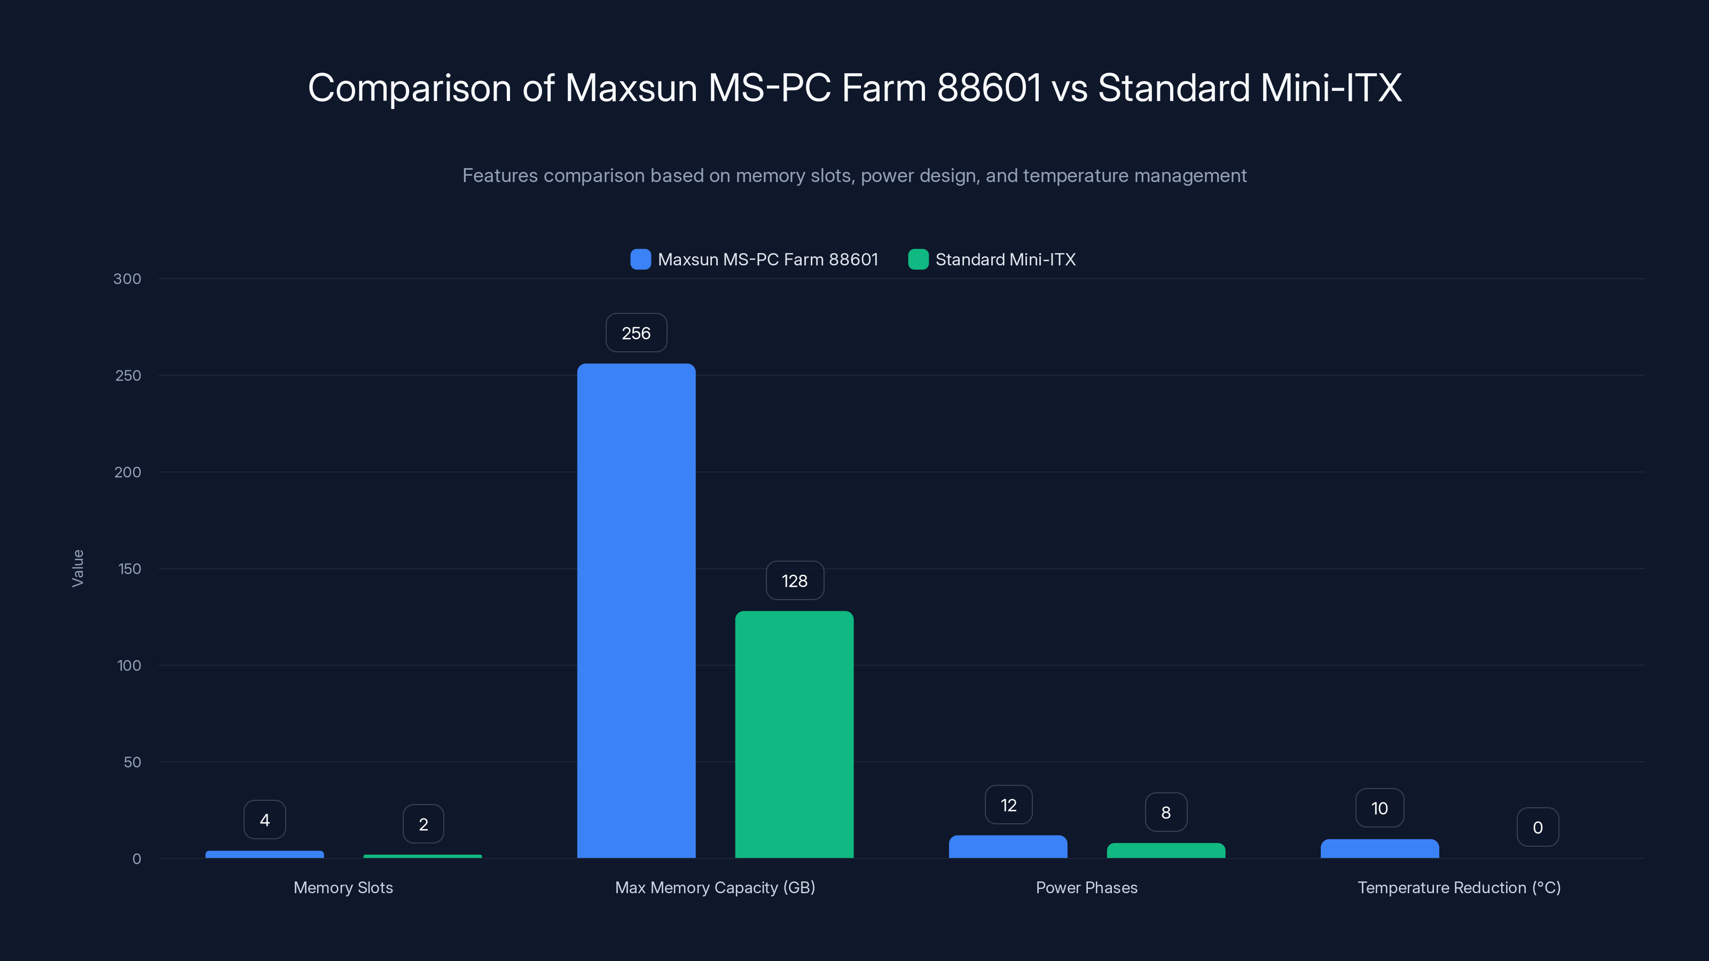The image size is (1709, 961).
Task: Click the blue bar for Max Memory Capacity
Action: point(636,610)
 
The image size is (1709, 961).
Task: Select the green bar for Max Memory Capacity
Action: point(794,734)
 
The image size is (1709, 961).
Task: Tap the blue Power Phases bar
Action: point(1008,847)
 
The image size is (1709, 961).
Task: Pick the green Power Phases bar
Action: point(1166,851)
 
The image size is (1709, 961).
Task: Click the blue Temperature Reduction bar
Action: point(1379,849)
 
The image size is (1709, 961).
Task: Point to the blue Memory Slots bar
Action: point(265,854)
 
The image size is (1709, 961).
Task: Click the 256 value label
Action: point(636,333)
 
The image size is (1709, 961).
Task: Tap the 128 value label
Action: point(795,581)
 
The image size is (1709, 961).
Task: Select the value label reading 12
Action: point(1008,805)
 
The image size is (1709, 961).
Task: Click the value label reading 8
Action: point(1166,813)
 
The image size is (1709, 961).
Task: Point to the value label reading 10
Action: point(1379,808)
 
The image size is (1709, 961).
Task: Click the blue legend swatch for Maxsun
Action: point(640,259)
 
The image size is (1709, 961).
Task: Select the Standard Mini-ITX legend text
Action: point(1005,259)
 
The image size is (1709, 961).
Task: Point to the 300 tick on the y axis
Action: point(128,279)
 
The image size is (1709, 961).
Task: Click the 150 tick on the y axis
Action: point(129,569)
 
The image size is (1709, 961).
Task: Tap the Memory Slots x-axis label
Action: point(343,887)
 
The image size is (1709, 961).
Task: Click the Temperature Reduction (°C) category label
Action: point(1459,887)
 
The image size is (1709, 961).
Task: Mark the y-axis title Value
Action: point(77,569)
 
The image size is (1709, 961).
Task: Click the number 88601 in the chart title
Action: point(989,88)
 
